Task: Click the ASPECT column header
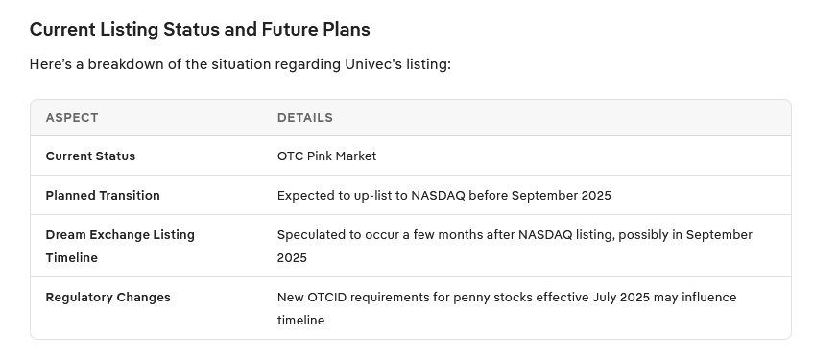[72, 118]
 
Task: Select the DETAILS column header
[304, 118]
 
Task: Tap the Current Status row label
[90, 156]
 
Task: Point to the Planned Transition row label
[103, 195]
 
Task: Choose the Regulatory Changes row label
[108, 298]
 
